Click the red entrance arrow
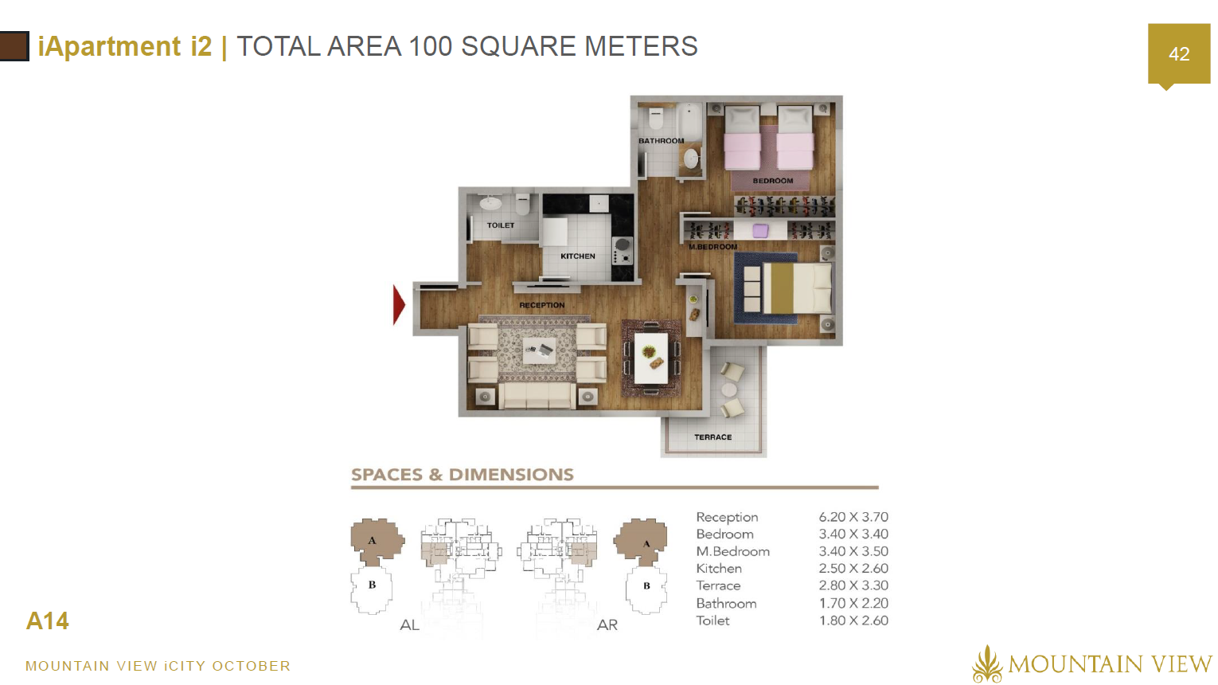click(399, 305)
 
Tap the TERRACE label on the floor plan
click(712, 437)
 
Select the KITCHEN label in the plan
click(577, 256)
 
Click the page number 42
click(1179, 54)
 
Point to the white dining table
click(651, 358)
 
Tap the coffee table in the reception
click(538, 350)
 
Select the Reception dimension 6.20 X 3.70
click(853, 517)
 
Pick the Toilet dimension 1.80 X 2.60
click(853, 620)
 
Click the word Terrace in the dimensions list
click(718, 585)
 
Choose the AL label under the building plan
click(409, 625)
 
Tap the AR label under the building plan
click(607, 625)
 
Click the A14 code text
click(47, 620)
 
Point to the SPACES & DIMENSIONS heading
click(463, 475)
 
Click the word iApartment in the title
click(109, 45)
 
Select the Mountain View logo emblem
click(986, 663)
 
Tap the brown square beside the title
click(14, 46)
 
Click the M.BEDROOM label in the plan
click(712, 246)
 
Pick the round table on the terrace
click(728, 389)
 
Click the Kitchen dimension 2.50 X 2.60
click(853, 569)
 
